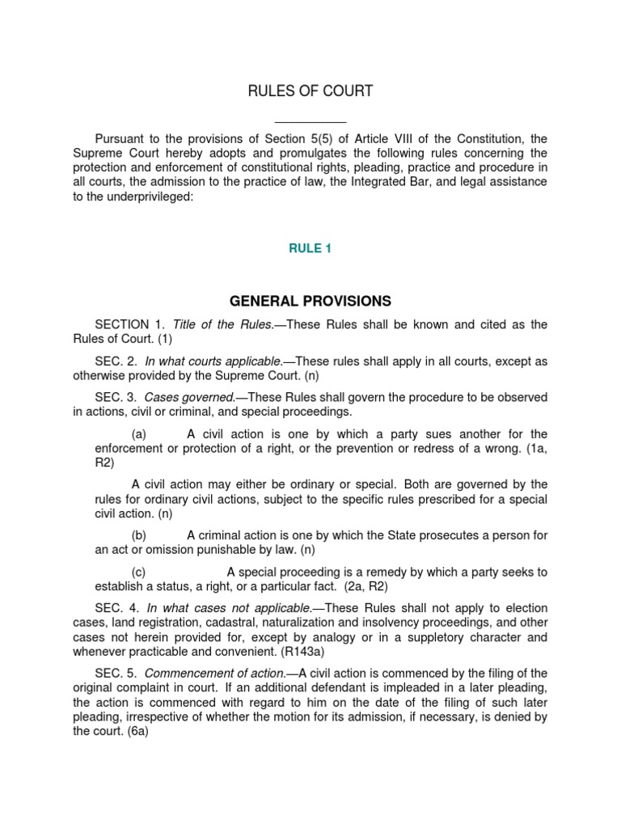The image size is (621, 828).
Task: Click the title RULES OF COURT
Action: [x=310, y=91]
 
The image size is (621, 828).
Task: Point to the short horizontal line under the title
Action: [x=310, y=122]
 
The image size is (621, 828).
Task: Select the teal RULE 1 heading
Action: [x=310, y=249]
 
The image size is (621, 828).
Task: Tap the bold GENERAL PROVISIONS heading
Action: [x=310, y=302]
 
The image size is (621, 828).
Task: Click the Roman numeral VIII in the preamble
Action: [x=443, y=138]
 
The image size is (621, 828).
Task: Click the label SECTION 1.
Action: [x=129, y=325]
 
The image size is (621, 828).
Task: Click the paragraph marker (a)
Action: [x=138, y=434]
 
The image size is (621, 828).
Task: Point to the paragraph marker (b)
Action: [x=138, y=535]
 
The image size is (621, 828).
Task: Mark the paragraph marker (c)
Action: [x=138, y=572]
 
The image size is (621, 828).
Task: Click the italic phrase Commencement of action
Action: [x=214, y=674]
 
